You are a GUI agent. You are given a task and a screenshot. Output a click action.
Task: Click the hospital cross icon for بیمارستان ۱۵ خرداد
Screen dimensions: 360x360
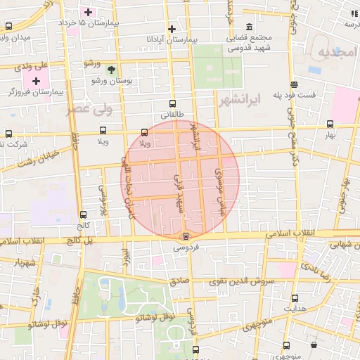(88, 13)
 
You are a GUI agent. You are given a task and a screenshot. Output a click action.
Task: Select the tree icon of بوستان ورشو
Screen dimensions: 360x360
(111, 69)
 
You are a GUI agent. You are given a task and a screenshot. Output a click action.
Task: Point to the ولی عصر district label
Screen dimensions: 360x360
(89, 110)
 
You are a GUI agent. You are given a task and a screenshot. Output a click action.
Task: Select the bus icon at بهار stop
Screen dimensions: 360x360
(330, 124)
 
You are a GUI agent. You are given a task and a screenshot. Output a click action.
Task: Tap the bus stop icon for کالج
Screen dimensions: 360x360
(84, 215)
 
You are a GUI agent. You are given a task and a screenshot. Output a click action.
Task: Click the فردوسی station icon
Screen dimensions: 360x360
(186, 236)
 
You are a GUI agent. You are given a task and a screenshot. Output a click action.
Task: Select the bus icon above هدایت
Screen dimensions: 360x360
(295, 298)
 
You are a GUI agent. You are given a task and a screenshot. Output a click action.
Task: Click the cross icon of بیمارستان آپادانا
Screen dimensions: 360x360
(172, 30)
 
